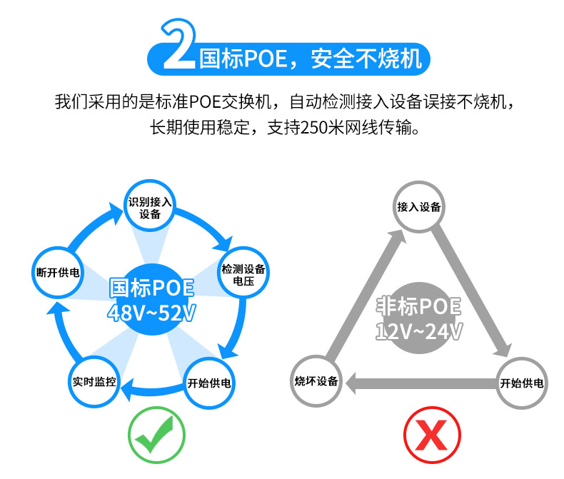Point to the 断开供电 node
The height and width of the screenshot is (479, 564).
57,272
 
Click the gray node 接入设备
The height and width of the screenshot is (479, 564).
418,206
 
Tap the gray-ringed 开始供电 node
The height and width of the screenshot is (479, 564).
523,383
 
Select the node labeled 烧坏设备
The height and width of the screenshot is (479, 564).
316,382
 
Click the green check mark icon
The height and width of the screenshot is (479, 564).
156,435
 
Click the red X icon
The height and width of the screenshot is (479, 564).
431,435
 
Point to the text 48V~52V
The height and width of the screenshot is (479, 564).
151,312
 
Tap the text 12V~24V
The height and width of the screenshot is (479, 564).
420,331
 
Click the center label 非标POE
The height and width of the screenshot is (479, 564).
419,307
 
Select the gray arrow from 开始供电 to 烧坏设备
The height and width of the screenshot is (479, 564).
420,383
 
